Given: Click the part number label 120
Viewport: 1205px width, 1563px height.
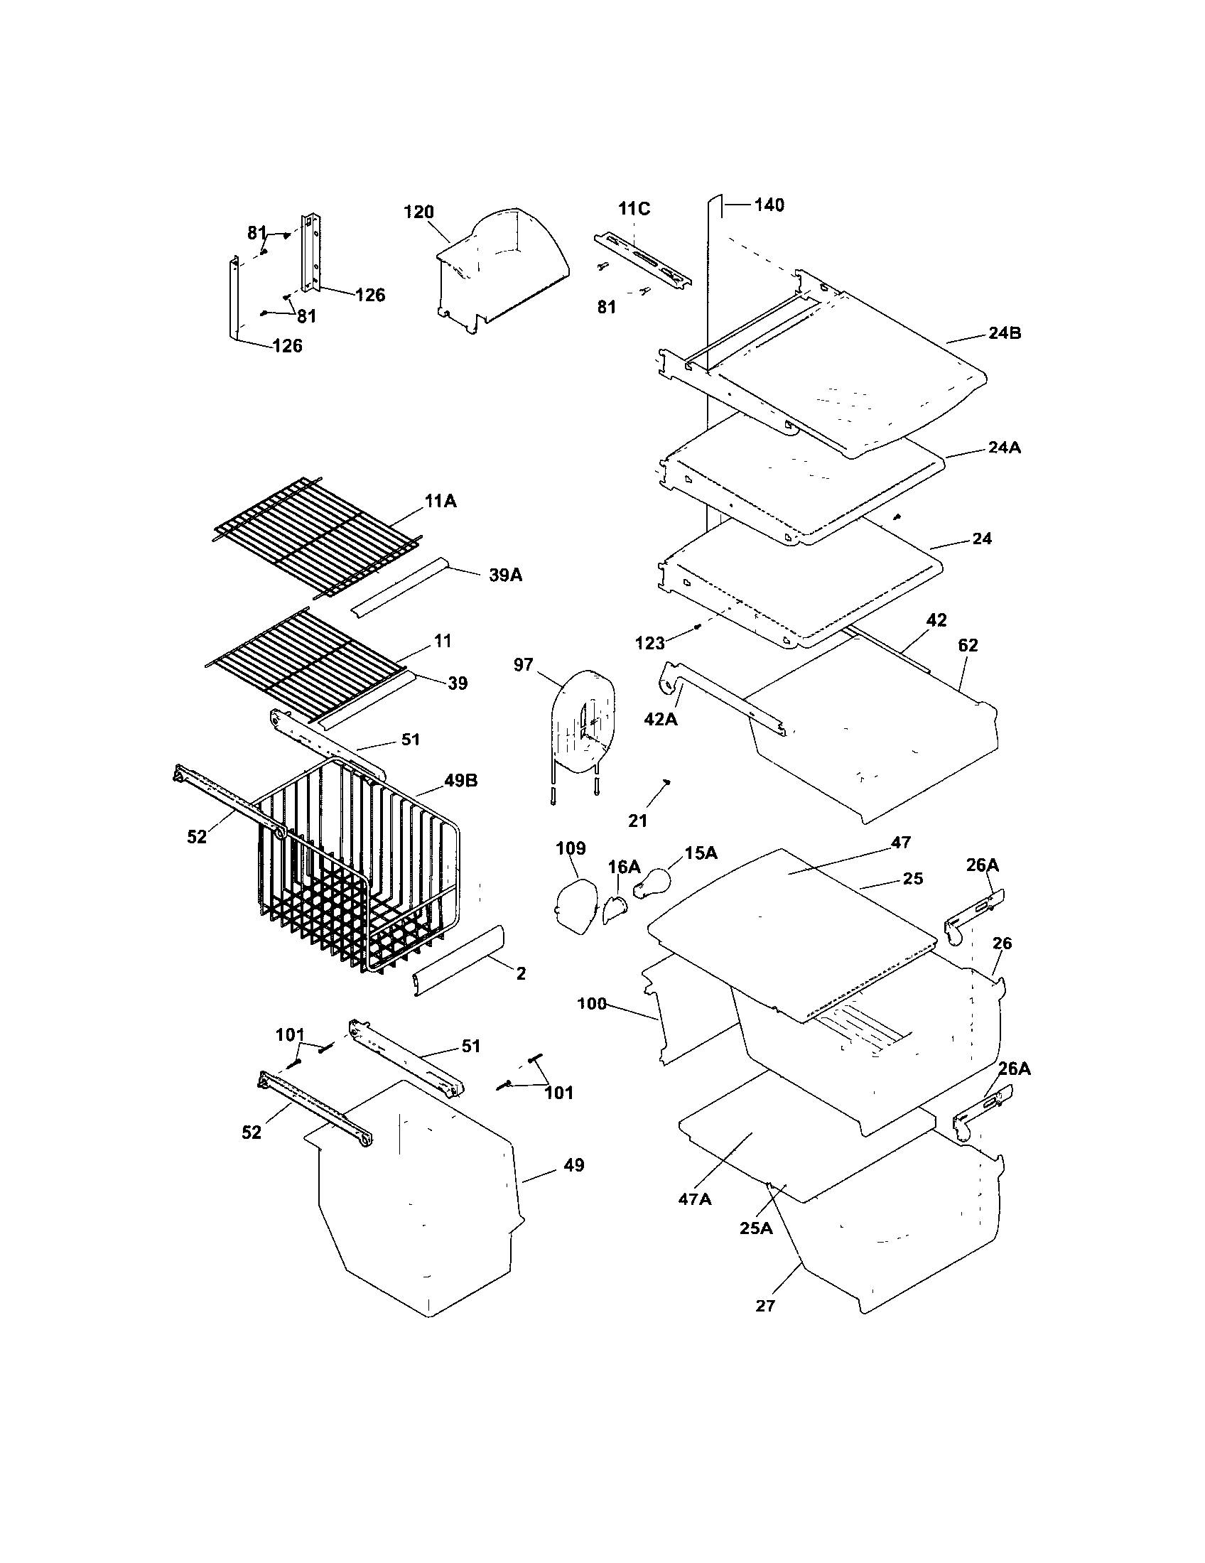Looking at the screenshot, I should pyautogui.click(x=418, y=212).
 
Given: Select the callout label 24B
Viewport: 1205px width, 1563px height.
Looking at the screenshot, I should pyautogui.click(x=1005, y=332).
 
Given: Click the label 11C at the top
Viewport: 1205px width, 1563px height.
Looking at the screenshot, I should pyautogui.click(x=634, y=209).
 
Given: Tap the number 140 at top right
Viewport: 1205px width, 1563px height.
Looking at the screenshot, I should pyautogui.click(x=769, y=205).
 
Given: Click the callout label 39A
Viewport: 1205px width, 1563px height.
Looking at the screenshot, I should pyautogui.click(x=505, y=575).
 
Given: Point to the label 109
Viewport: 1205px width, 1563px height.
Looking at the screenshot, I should pyautogui.click(x=571, y=848).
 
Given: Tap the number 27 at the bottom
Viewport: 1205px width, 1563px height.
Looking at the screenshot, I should pyautogui.click(x=765, y=1306).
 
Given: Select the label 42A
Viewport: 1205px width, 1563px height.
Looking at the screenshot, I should pyautogui.click(x=661, y=719).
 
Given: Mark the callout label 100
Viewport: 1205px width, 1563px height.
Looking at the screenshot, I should pyautogui.click(x=592, y=1004).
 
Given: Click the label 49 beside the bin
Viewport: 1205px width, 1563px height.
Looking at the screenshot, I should pyautogui.click(x=574, y=1165).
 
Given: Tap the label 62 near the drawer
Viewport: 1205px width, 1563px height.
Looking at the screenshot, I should pyautogui.click(x=968, y=645).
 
